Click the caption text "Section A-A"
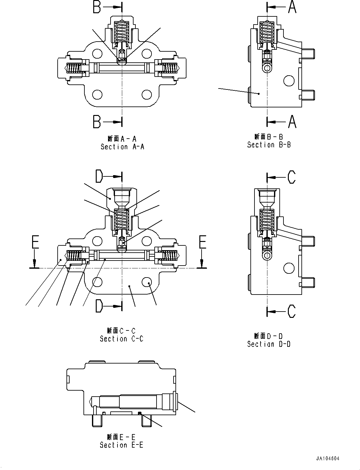[122, 147]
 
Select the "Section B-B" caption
[269, 145]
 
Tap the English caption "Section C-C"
[122, 339]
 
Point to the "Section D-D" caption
[269, 344]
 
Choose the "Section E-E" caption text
[122, 445]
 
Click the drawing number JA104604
[328, 459]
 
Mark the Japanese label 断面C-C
[122, 331]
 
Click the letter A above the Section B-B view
[292, 7]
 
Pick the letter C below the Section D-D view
[292, 311]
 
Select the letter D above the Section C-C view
[99, 177]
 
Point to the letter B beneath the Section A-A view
[97, 122]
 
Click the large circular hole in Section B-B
[289, 81]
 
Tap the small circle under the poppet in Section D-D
[267, 255]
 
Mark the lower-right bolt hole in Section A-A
[147, 95]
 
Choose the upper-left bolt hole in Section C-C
[97, 241]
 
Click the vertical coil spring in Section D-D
[267, 219]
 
